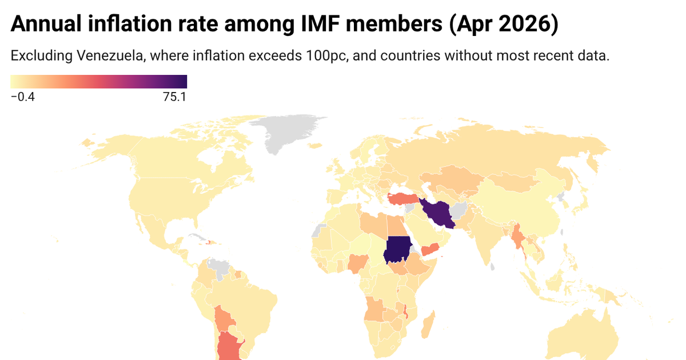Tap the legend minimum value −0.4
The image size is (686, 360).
click(23, 97)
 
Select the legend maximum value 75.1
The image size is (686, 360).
click(174, 97)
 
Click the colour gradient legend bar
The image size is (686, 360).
click(99, 82)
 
